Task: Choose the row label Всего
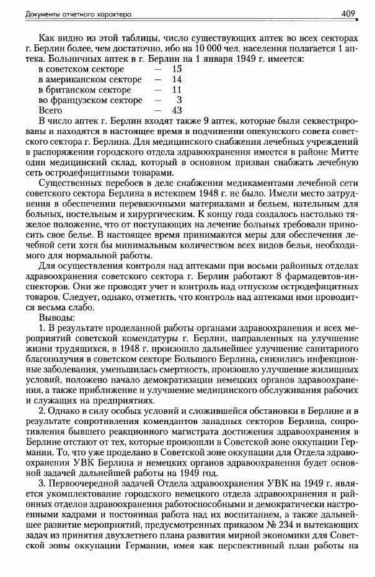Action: click(x=51, y=110)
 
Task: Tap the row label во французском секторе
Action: click(x=89, y=100)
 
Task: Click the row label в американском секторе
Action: click(x=89, y=79)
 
